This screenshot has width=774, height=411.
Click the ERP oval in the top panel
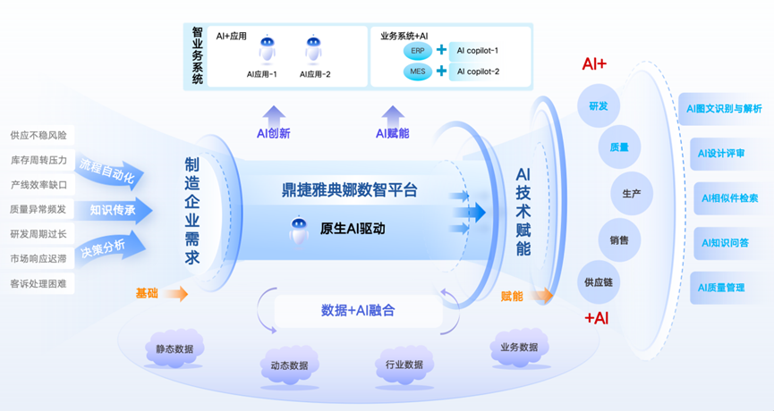coord(416,50)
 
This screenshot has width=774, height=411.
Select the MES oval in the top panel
coord(416,71)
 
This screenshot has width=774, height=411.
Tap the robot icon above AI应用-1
coord(267,49)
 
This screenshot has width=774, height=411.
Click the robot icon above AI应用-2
coord(313,49)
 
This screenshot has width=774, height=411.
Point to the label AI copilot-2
coord(478,71)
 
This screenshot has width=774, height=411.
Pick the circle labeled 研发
coord(598,106)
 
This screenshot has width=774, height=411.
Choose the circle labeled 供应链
coord(598,281)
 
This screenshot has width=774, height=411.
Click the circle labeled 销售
coord(618,239)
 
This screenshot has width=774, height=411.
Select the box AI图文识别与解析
coord(723,109)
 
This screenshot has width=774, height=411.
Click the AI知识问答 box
coord(725,242)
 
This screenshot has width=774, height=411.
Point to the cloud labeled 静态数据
coord(174,349)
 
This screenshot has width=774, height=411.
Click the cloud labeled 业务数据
coord(519,347)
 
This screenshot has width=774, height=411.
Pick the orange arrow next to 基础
coord(175,293)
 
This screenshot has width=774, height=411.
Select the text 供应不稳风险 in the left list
coord(38,136)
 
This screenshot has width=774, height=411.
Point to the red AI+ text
coord(594,64)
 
